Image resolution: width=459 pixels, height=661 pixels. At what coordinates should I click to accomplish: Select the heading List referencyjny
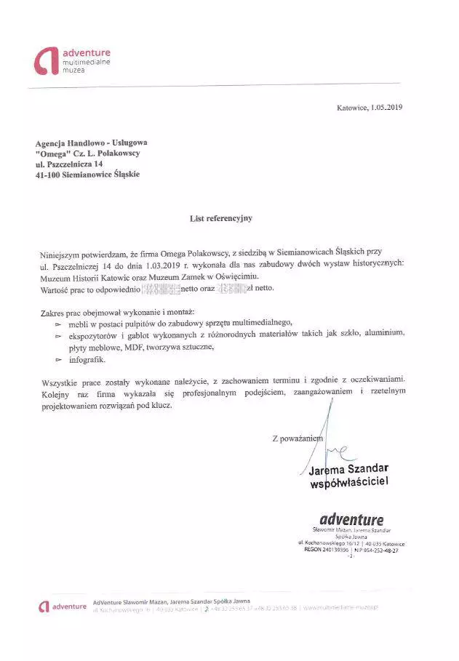click(220, 217)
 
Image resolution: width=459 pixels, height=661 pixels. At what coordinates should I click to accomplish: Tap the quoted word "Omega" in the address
click(50, 153)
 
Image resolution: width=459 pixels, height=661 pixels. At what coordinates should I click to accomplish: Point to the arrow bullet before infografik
click(58, 360)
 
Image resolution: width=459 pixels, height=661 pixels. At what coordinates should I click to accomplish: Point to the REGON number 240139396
click(335, 550)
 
